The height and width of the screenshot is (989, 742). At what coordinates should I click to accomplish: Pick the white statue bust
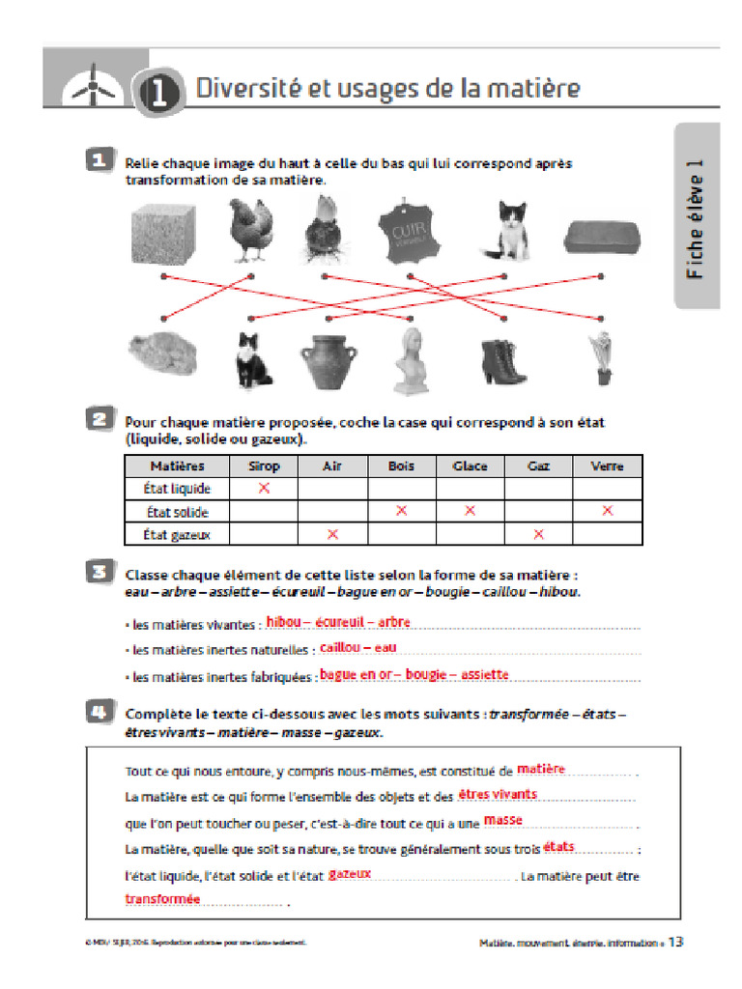click(414, 359)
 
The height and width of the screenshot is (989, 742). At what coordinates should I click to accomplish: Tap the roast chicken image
click(163, 354)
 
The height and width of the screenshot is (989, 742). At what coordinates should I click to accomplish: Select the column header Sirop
click(263, 466)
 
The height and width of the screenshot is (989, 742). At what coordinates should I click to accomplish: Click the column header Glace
click(470, 466)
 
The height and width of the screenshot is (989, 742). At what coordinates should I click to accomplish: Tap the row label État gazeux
click(177, 534)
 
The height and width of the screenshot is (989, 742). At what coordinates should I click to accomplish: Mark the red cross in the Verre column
click(607, 511)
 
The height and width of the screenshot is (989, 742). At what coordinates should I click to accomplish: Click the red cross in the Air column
click(332, 534)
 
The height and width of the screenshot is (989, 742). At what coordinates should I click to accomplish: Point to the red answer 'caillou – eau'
click(357, 647)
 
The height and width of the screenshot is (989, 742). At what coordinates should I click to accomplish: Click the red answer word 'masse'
click(502, 820)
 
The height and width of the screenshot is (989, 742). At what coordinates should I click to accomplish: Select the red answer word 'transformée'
click(162, 898)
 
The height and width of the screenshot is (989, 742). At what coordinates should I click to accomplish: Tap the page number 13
click(676, 942)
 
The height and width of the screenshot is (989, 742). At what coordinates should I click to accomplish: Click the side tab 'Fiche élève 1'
click(695, 217)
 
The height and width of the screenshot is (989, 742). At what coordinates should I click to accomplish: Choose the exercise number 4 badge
click(98, 714)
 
